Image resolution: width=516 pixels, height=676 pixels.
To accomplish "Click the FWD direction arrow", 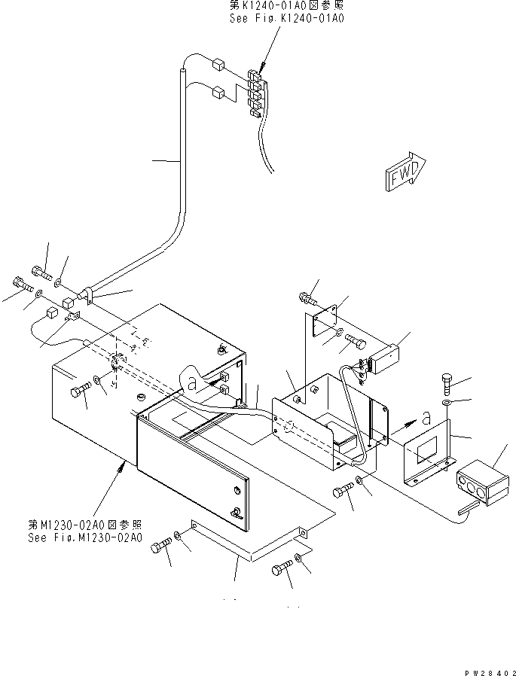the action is (x=405, y=172).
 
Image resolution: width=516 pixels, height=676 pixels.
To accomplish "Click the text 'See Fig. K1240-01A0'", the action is (x=287, y=19).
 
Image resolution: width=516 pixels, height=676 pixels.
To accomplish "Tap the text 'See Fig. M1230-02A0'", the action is (x=85, y=537).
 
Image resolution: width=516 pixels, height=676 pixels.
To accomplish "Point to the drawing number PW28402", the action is (x=490, y=672).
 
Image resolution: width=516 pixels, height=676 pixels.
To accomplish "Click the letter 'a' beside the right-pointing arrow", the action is (x=426, y=417).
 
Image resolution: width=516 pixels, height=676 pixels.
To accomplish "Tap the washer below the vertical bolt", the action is (x=447, y=403).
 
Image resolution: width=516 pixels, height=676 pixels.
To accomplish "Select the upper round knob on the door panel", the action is (x=236, y=490).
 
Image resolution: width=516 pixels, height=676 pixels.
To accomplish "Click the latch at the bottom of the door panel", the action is (x=235, y=513).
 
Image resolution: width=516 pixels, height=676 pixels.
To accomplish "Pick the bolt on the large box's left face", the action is (x=81, y=391).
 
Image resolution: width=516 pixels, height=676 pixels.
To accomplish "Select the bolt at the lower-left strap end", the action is (x=161, y=545).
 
